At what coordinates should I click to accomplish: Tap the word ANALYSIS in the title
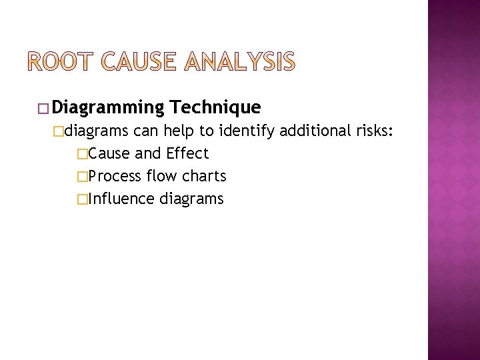tap(239, 62)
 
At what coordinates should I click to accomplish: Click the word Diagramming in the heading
tap(108, 107)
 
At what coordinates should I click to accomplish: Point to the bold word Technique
tap(215, 107)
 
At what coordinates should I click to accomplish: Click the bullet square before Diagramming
tap(44, 108)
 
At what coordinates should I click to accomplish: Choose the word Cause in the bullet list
tap(109, 153)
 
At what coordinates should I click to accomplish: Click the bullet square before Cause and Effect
tap(82, 154)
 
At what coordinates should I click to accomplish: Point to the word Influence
tap(121, 199)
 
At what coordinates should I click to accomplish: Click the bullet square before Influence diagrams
tap(82, 199)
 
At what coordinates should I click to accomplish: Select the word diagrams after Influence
tap(192, 199)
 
